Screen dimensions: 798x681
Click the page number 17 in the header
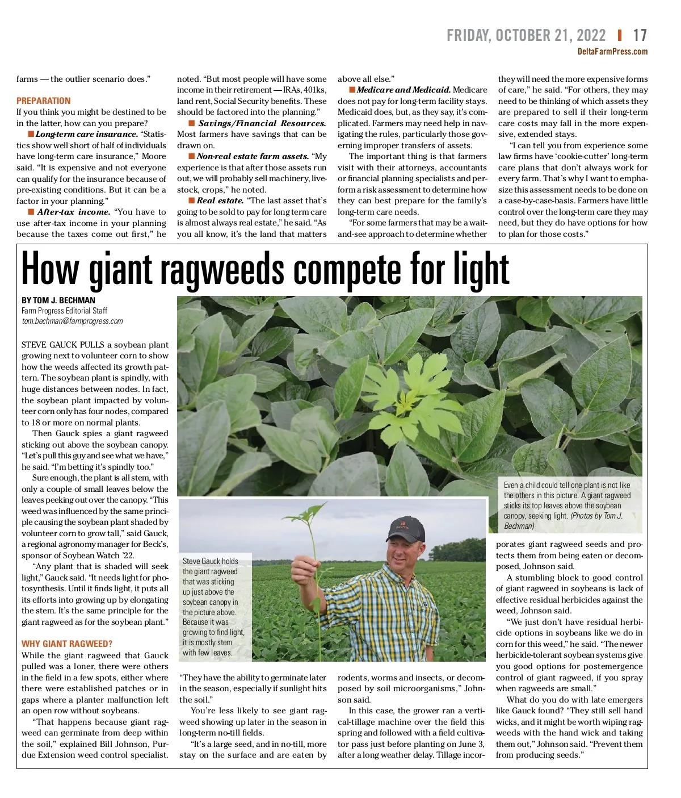tap(640, 36)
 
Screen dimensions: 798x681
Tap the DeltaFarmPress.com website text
tap(612, 52)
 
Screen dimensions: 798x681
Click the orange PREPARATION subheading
tap(44, 101)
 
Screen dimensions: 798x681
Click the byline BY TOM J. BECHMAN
tap(58, 300)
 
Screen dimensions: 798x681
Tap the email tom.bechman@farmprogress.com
tap(72, 321)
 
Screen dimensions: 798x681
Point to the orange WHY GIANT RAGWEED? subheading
tap(67, 644)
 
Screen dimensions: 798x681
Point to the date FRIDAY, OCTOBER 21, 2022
tap(526, 36)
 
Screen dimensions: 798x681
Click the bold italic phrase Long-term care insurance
tap(87, 135)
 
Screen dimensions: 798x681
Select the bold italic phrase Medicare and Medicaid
tap(403, 90)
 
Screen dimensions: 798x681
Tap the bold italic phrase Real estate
tap(220, 200)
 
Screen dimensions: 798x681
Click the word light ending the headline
tap(481, 270)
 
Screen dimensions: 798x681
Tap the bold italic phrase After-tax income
tap(74, 212)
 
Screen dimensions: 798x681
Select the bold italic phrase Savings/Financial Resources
tap(262, 123)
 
